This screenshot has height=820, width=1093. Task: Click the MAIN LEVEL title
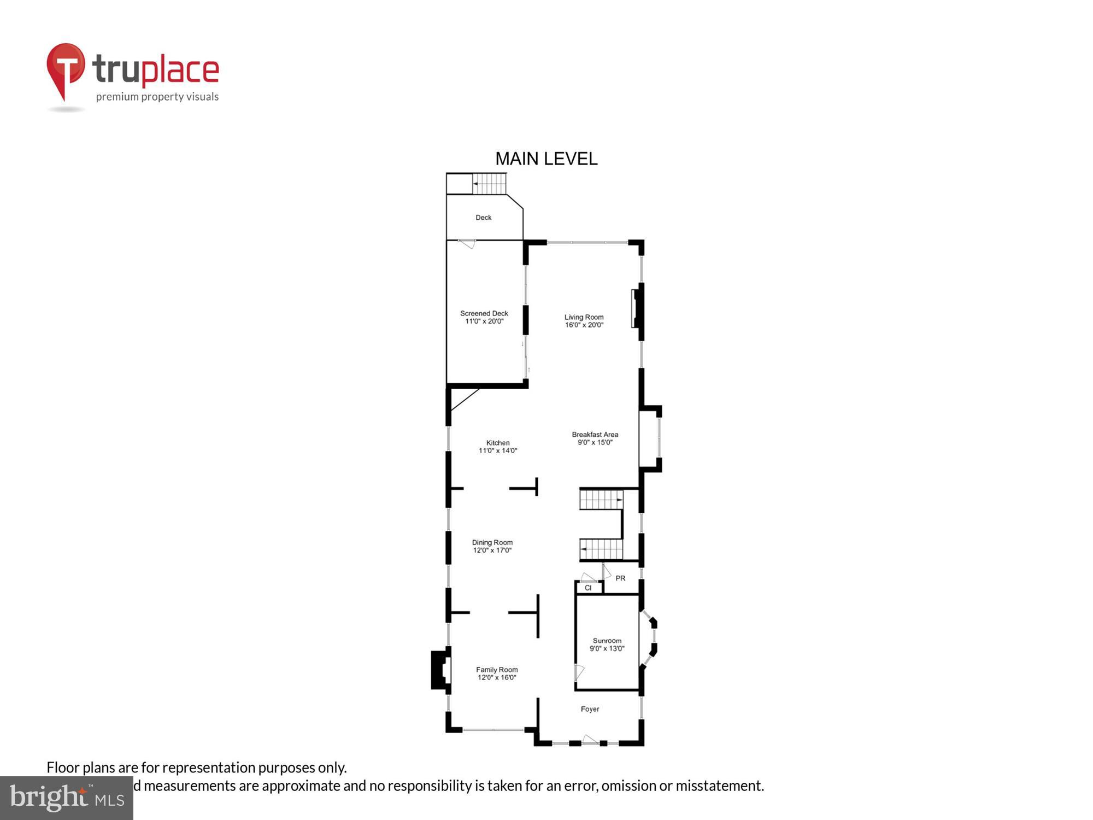tap(546, 159)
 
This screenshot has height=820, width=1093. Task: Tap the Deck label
tap(483, 218)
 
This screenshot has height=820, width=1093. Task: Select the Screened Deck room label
tap(484, 313)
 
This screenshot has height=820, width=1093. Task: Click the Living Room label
tap(584, 317)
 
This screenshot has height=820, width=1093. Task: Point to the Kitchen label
tap(498, 443)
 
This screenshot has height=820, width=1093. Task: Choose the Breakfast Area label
tap(595, 435)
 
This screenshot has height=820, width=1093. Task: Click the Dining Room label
tap(492, 542)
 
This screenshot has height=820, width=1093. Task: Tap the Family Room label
tap(497, 670)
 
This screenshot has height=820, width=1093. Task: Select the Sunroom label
tap(607, 641)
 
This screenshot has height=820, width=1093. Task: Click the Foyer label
tap(590, 709)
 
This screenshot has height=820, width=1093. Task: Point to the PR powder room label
tap(620, 578)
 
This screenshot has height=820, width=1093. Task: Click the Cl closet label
tap(588, 588)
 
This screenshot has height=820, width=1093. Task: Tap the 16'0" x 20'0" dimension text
tap(584, 325)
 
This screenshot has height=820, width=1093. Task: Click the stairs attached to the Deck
tap(489, 184)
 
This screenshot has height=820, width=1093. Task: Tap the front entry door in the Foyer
tap(589, 740)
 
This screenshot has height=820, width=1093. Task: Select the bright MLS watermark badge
tap(67, 798)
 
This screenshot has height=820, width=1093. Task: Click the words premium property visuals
tap(157, 97)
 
